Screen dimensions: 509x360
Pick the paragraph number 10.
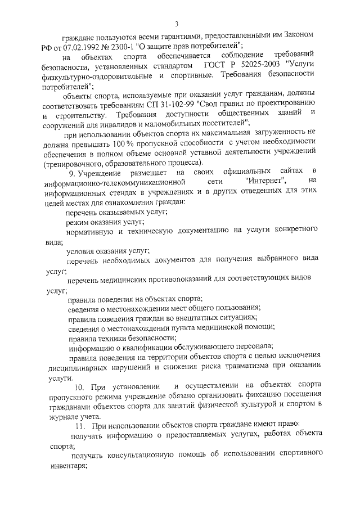point(79,386)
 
